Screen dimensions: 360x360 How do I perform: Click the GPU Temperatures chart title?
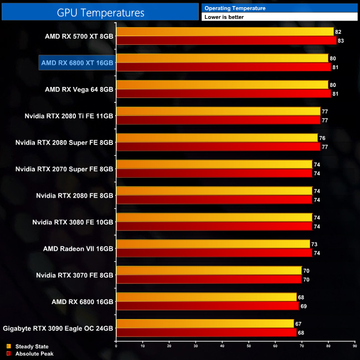click(101, 12)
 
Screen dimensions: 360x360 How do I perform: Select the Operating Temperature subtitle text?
click(235, 8)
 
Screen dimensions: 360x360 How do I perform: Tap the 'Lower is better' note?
click(224, 17)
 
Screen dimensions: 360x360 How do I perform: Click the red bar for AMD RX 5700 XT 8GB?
click(226, 40)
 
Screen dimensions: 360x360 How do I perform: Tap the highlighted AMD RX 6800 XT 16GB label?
click(76, 63)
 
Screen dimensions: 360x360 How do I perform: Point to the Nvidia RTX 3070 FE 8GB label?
click(74, 275)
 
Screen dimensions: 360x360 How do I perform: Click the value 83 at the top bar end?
click(341, 40)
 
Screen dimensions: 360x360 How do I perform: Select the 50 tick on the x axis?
click(249, 347)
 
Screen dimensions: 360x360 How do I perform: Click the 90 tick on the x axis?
click(354, 347)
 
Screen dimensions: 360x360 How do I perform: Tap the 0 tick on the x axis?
click(116, 347)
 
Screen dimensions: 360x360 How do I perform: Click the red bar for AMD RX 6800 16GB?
click(208, 306)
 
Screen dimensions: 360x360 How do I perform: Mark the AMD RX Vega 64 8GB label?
click(79, 89)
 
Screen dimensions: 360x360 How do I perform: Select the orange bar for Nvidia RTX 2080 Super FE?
click(217, 138)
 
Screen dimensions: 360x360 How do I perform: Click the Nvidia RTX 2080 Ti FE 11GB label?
click(69, 116)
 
